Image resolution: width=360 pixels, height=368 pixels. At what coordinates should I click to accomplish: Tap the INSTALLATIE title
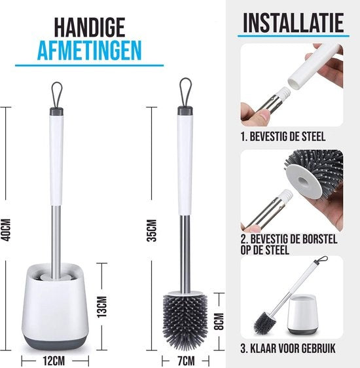click(293, 22)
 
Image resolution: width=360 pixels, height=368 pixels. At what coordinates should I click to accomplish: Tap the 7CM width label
click(185, 358)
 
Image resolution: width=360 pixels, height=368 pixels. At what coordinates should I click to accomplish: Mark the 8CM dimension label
click(221, 320)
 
